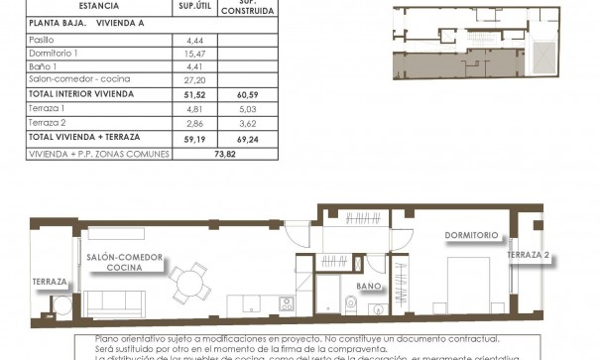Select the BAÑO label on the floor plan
point(369,286)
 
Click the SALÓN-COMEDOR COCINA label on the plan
point(124,262)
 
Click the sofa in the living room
point(112,301)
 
